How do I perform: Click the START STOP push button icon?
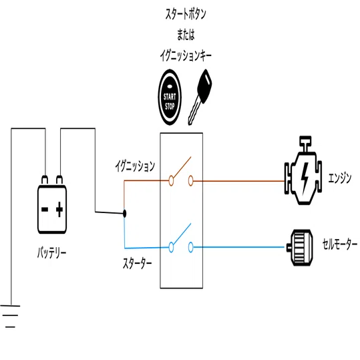170,97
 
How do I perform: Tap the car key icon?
200,97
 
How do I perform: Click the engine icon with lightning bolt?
303,170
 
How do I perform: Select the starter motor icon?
300,248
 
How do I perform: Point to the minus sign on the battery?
45,210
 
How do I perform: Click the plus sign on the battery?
59,209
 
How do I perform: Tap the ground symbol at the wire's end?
10,316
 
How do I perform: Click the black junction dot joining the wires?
124,214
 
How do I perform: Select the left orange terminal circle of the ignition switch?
171,181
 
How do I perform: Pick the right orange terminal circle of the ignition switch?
190,181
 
